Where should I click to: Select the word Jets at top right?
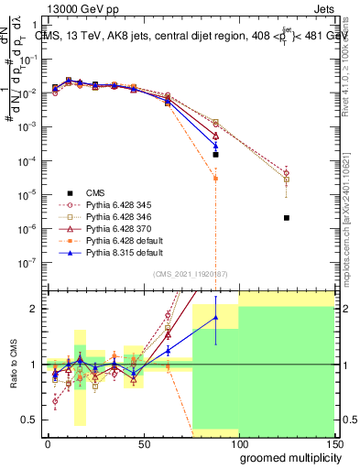pyautogui.click(x=338, y=8)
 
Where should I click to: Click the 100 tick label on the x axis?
pyautogui.click(x=240, y=442)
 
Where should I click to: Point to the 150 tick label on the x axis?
pyautogui.click(x=335, y=442)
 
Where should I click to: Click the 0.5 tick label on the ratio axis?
pyautogui.click(x=28, y=420)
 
